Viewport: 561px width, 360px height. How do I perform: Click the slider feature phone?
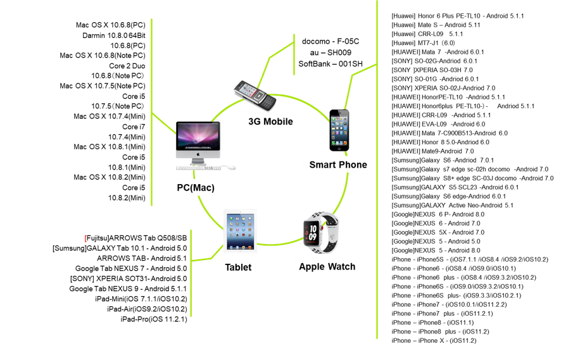pos(255,95)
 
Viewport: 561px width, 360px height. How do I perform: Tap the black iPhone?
pos(339,130)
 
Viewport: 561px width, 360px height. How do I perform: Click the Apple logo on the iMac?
pos(198,154)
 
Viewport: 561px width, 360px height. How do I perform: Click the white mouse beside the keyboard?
pos(231,168)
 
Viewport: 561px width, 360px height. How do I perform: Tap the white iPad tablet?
pos(240,232)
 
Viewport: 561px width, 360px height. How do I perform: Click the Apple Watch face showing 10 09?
pos(313,232)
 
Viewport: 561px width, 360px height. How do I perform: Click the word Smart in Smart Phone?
pos(323,164)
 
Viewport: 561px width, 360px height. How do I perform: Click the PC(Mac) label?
pos(196,187)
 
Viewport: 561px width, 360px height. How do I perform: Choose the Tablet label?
pos(238,267)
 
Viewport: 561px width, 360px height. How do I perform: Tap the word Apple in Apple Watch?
pos(312,266)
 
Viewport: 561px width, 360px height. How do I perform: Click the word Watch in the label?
pos(342,266)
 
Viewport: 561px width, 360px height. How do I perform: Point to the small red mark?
pos(85,239)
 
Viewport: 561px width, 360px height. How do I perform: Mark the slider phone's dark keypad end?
pos(267,102)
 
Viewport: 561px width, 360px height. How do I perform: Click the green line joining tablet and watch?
pos(279,244)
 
